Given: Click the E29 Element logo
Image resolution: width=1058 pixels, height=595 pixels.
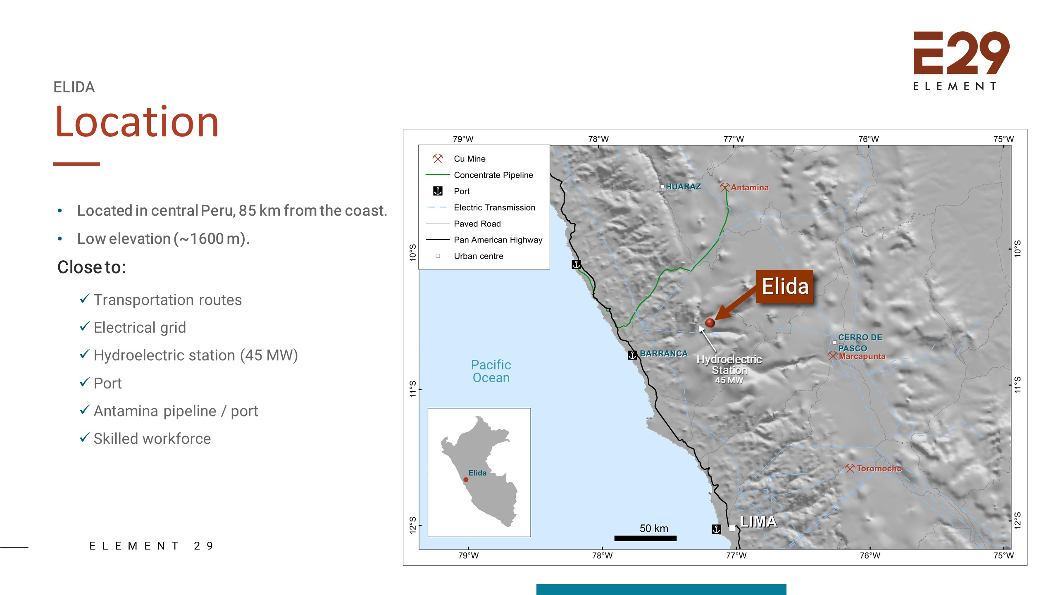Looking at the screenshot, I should pyautogui.click(x=961, y=60).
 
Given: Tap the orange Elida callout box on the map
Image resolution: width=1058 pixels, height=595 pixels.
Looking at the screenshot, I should pyautogui.click(x=784, y=286).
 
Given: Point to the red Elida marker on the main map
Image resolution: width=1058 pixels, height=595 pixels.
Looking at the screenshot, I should pyautogui.click(x=710, y=323).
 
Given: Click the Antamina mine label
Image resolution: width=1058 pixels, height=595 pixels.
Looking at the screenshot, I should pyautogui.click(x=749, y=187).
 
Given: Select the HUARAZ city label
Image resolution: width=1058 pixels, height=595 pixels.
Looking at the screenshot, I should pyautogui.click(x=683, y=186).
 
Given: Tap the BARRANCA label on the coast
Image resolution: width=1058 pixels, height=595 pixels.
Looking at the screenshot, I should pyautogui.click(x=663, y=354).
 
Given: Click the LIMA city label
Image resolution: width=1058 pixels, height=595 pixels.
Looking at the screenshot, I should pyautogui.click(x=758, y=521).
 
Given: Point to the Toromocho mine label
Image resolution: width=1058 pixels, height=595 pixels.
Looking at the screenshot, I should pyautogui.click(x=879, y=468).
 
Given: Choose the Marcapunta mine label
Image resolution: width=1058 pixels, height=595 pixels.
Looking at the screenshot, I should pyautogui.click(x=862, y=356).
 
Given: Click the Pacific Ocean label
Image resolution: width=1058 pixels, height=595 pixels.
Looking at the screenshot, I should pyautogui.click(x=491, y=371).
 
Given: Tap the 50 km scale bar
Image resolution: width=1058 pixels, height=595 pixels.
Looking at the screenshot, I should pyautogui.click(x=645, y=538).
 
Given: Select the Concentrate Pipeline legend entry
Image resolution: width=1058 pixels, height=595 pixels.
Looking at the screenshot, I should pyautogui.click(x=493, y=175).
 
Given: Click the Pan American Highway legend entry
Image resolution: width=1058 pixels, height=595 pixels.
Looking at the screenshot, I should pyautogui.click(x=498, y=240).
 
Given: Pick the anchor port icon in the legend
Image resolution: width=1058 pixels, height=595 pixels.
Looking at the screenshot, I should pyautogui.click(x=438, y=191).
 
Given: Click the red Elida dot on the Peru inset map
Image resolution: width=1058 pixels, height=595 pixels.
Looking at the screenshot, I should pyautogui.click(x=466, y=480).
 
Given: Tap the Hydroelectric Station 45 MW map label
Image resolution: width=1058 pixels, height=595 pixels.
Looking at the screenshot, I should pyautogui.click(x=729, y=369).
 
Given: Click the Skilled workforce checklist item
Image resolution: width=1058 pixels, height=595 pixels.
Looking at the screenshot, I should pyautogui.click(x=152, y=438).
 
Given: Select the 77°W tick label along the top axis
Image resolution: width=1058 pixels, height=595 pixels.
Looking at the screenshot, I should pyautogui.click(x=733, y=139).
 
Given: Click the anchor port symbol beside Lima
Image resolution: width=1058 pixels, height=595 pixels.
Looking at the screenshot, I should pyautogui.click(x=716, y=529).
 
